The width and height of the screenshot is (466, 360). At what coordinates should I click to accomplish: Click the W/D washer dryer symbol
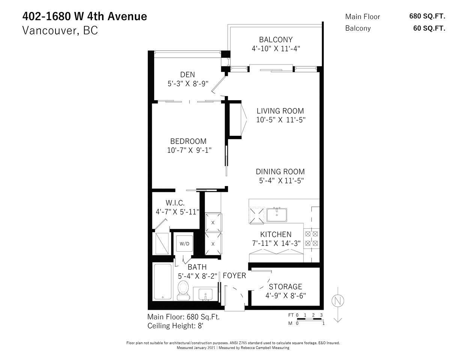tap(185, 243)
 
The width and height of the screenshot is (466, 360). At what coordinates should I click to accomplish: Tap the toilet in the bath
tap(183, 291)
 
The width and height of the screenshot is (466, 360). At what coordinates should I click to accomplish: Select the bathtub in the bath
tap(163, 282)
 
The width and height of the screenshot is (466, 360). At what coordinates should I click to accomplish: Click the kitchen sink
tap(277, 215)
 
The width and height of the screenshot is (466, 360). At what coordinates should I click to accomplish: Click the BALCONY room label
tap(276, 40)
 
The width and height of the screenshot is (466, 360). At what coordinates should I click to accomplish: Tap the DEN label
tap(188, 75)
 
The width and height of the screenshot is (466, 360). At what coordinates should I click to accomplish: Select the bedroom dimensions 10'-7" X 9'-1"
tap(189, 150)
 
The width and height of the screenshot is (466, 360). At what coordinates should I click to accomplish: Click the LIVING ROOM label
tap(280, 111)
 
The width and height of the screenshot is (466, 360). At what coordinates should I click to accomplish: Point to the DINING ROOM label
tap(280, 171)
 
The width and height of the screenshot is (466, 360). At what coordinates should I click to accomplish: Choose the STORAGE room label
tap(286, 286)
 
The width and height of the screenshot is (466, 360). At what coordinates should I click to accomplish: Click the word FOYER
tap(235, 276)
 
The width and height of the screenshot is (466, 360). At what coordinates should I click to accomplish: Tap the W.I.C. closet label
tap(175, 203)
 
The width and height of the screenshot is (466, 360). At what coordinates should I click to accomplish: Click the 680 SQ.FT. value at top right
tap(427, 16)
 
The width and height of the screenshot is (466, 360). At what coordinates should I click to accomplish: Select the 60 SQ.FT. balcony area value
tap(429, 28)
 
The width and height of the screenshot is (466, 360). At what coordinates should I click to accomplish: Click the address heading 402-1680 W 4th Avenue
tap(85, 16)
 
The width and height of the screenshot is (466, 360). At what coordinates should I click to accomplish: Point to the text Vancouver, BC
tap(60, 30)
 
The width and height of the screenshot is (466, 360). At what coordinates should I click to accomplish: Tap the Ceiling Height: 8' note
tap(175, 326)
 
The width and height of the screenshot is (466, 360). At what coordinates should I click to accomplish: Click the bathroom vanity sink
tap(206, 294)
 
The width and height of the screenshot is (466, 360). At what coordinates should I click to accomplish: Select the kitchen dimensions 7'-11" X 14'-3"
tap(276, 243)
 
